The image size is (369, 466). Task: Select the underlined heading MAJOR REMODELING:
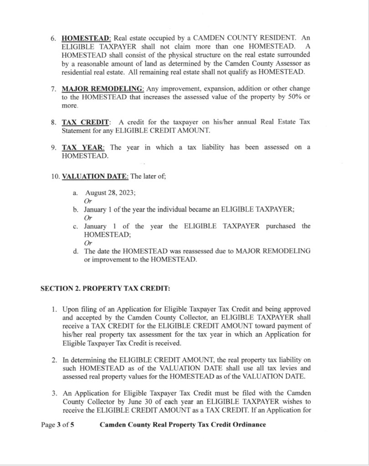[x=103, y=88]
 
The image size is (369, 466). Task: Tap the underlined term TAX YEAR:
[x=84, y=147]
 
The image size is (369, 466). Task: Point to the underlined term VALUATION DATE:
[x=95, y=177]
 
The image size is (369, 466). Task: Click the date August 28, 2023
[x=110, y=193]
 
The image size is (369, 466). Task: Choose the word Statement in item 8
[x=77, y=131]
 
